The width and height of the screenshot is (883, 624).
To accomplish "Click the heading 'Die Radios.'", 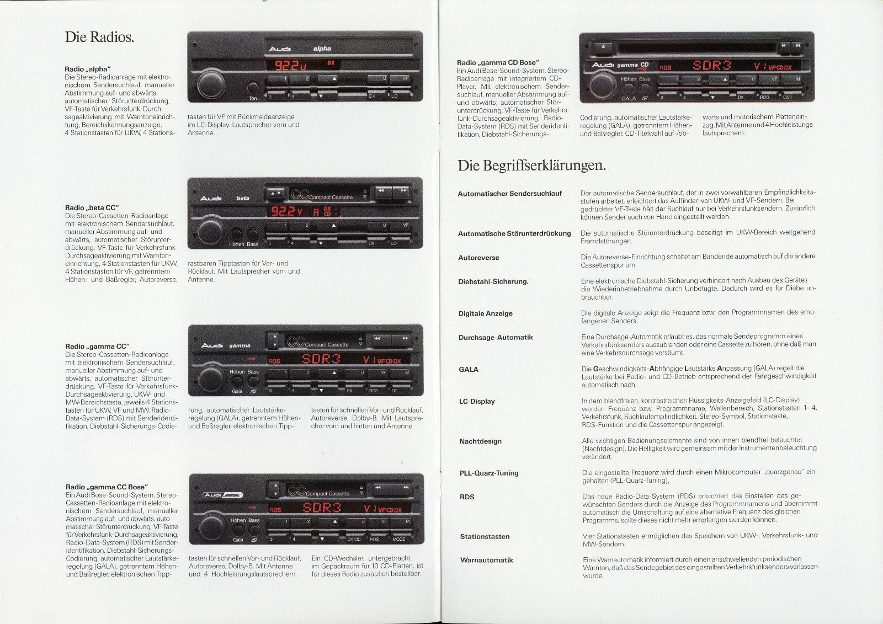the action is [x=99, y=37].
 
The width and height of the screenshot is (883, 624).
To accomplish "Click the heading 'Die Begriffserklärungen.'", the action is [x=531, y=165].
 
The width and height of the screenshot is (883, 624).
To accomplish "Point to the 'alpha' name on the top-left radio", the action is [x=322, y=49].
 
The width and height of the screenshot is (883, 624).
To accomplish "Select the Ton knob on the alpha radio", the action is [x=253, y=87].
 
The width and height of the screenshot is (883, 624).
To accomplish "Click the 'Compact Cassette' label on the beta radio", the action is [x=331, y=198].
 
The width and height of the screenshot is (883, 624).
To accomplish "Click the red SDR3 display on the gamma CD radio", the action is [x=711, y=66].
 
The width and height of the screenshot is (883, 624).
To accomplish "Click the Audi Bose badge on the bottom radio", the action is [x=223, y=495].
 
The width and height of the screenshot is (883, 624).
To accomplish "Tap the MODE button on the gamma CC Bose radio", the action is [x=398, y=539].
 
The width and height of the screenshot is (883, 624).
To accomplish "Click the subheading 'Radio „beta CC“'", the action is [x=92, y=208].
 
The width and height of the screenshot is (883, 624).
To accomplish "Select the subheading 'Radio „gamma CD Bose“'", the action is [x=498, y=63].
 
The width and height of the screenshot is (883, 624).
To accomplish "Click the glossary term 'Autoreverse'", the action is [x=478, y=258].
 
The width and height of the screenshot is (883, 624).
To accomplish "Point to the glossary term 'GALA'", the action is [x=469, y=369].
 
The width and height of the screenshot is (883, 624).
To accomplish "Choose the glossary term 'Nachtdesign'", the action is [x=481, y=441].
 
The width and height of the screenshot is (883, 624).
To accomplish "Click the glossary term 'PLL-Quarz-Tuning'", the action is [x=489, y=473].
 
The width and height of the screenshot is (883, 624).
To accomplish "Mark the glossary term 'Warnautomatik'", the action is [x=486, y=560].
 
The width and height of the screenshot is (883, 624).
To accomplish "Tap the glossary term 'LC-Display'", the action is [x=477, y=401].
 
